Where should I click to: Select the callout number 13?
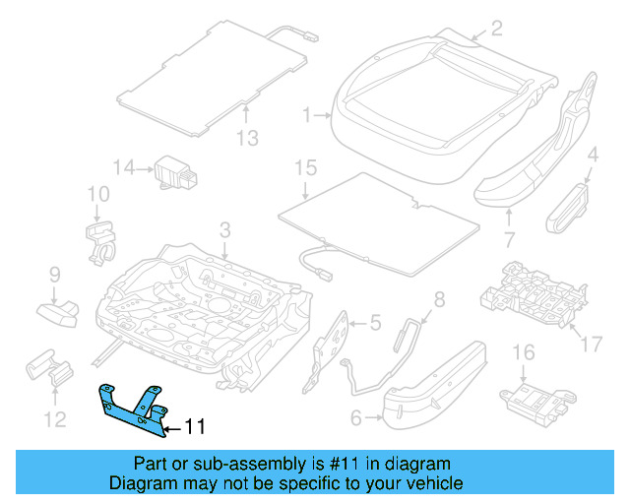[x=248, y=139]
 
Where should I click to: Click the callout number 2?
[x=496, y=28]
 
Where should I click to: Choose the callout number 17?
[x=591, y=344]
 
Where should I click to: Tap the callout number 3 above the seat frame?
[x=224, y=231]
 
